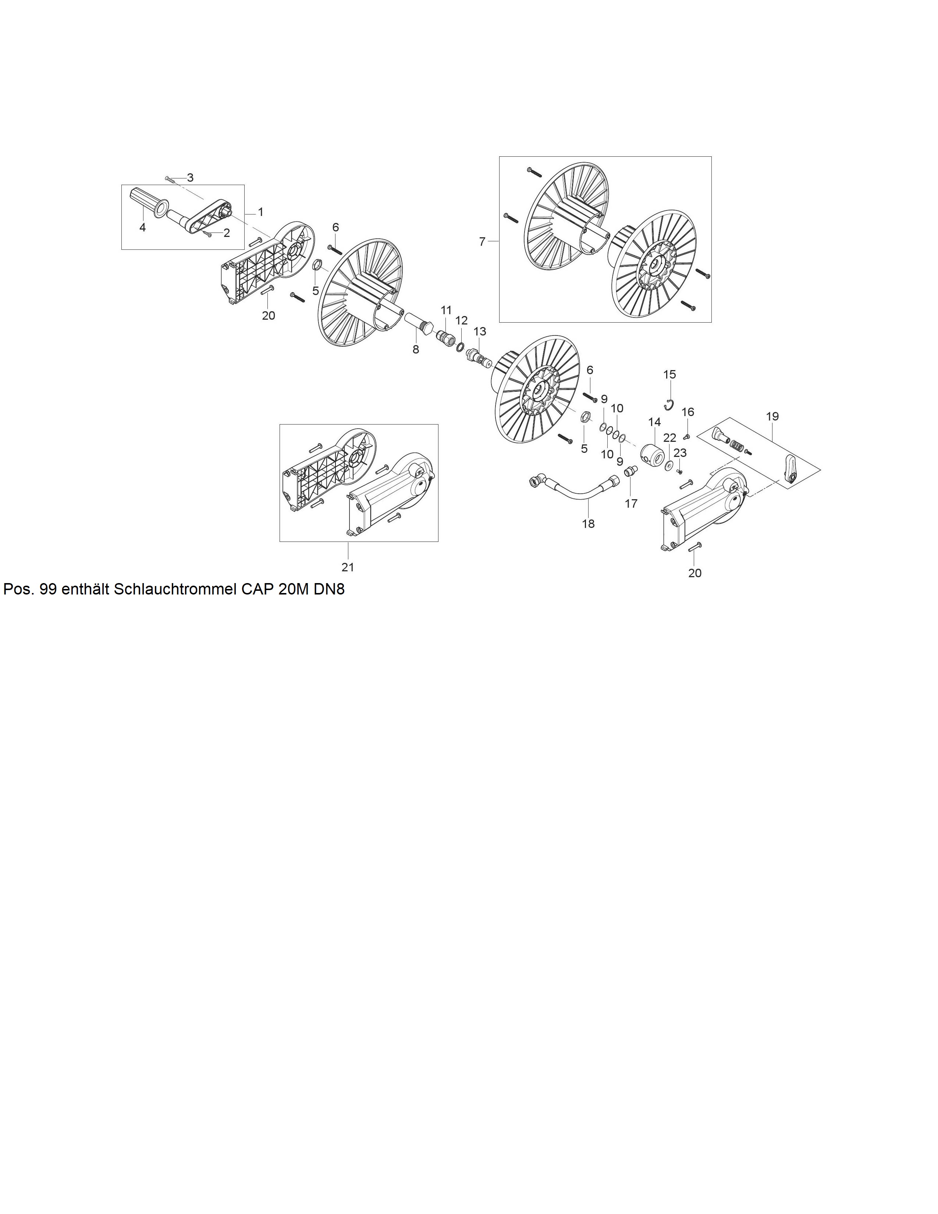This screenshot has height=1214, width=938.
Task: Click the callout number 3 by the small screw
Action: point(190,178)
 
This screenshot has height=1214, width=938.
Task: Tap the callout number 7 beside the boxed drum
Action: point(482,241)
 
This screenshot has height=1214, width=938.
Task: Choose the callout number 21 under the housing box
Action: point(348,567)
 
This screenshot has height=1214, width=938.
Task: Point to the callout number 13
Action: point(480,331)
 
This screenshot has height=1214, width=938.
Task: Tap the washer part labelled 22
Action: point(668,465)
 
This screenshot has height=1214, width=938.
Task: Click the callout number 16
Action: point(688,412)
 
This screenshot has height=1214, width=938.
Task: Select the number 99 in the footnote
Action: point(48,590)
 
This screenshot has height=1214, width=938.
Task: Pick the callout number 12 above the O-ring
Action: point(461,321)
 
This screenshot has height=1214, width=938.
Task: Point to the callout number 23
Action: point(680,453)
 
